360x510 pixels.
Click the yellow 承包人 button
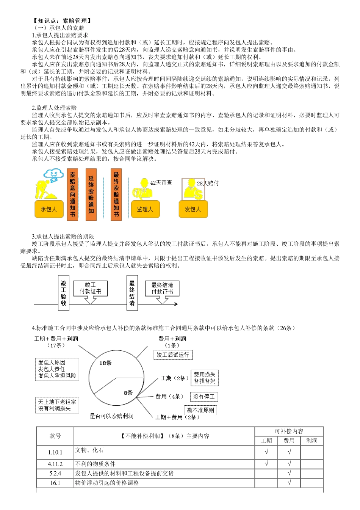point(49,209)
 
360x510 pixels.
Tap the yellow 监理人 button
point(145,209)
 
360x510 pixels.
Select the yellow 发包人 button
point(193,209)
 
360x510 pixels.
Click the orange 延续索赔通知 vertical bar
point(91,195)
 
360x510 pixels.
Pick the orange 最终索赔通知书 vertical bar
point(116,195)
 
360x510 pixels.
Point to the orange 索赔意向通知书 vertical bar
point(72,195)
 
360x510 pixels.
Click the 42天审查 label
point(161,183)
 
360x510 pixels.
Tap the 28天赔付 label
point(208,183)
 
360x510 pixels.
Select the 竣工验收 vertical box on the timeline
point(63,293)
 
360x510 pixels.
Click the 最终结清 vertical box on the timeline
point(132,293)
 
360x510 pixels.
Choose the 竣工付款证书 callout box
point(90,288)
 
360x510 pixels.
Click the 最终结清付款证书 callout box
point(162,288)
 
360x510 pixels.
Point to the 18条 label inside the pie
point(105,363)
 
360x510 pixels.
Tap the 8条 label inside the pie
point(128,393)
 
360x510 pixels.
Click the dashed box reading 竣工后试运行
point(173,355)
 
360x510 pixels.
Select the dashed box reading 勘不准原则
point(200,410)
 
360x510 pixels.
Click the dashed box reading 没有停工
point(204,397)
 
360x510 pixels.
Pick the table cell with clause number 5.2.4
point(55,474)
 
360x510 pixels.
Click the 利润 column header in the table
point(312,441)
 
